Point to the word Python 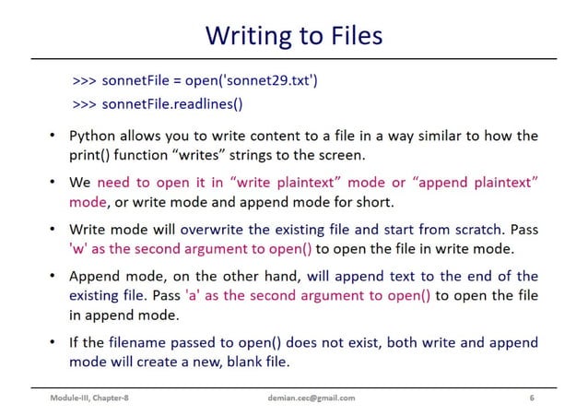[94, 136]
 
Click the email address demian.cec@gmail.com [307, 398]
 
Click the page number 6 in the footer [531, 398]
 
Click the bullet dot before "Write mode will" [53, 229]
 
